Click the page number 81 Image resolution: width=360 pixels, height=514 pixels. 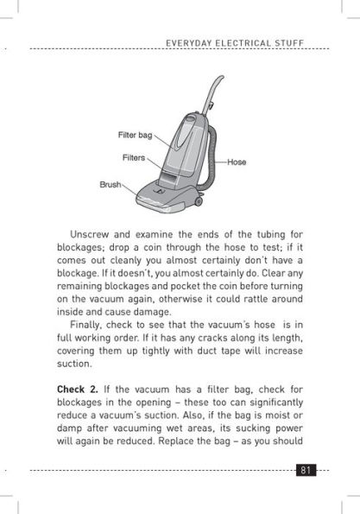306,471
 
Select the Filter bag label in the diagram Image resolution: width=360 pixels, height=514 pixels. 135,136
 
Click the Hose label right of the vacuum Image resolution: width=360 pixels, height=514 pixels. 237,162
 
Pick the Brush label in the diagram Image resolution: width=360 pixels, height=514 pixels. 111,185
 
